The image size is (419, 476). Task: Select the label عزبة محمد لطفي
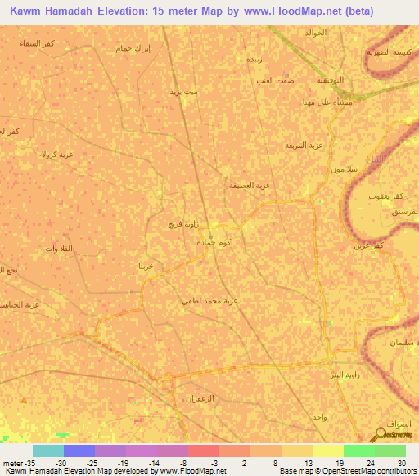209,300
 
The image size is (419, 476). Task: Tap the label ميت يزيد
184,93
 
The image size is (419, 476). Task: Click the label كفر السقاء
37,43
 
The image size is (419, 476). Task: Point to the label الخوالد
315,33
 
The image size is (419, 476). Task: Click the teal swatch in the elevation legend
47,451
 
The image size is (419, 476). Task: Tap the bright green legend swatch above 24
358,451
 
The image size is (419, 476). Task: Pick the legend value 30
401,463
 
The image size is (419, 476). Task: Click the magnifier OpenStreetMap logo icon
381,433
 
